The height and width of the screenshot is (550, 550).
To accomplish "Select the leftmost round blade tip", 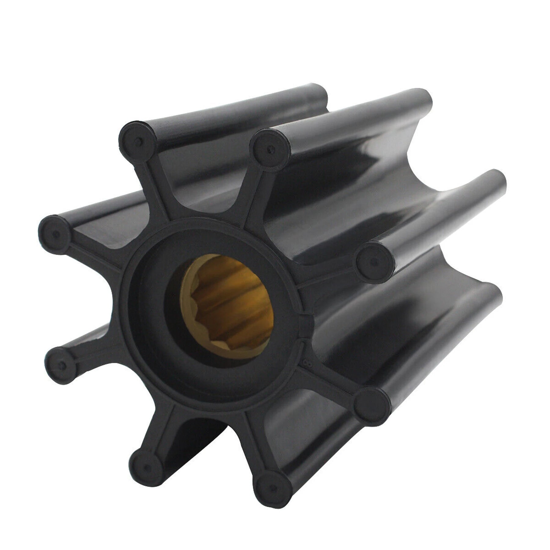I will point(55,234).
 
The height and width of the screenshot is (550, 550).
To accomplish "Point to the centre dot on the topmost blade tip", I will point(138,140).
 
